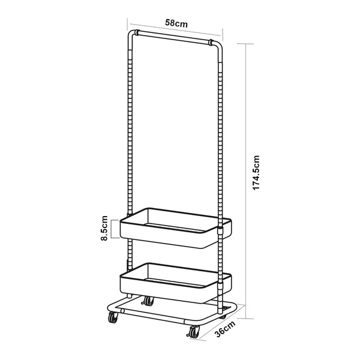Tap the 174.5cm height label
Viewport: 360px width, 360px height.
[256, 173]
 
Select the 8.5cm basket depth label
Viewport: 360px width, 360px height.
[104, 228]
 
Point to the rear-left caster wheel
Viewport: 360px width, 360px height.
[148, 300]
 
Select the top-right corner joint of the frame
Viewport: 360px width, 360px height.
[212, 43]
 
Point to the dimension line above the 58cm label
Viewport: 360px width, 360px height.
[174, 31]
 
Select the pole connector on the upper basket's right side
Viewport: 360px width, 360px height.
[220, 229]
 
